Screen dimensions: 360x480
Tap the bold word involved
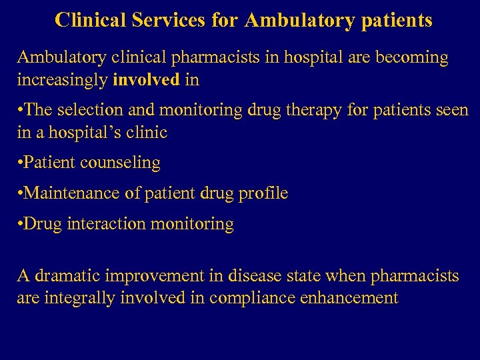(x=147, y=81)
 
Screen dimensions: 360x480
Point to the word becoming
(x=413, y=57)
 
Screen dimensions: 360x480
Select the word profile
(x=262, y=193)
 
